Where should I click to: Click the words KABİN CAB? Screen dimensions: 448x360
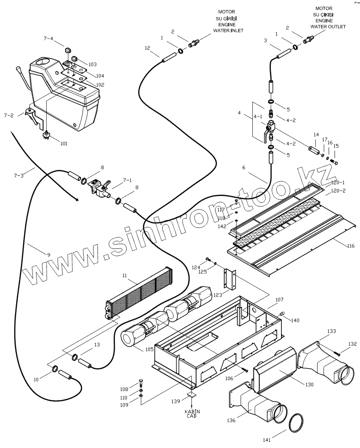pyautogui.click(x=192, y=414)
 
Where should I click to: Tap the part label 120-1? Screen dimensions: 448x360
pyautogui.click(x=338, y=183)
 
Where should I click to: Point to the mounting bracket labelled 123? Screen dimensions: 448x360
pyautogui.click(x=230, y=278)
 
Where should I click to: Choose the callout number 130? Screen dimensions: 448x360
pyautogui.click(x=309, y=385)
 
